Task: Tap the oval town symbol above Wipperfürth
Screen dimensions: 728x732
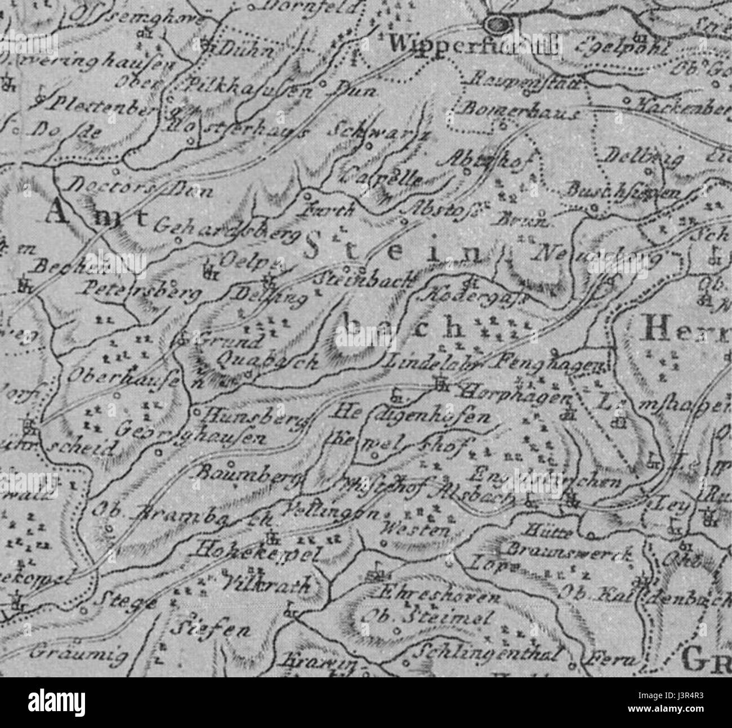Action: click(x=497, y=24)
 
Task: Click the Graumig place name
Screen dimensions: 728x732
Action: click(x=78, y=654)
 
